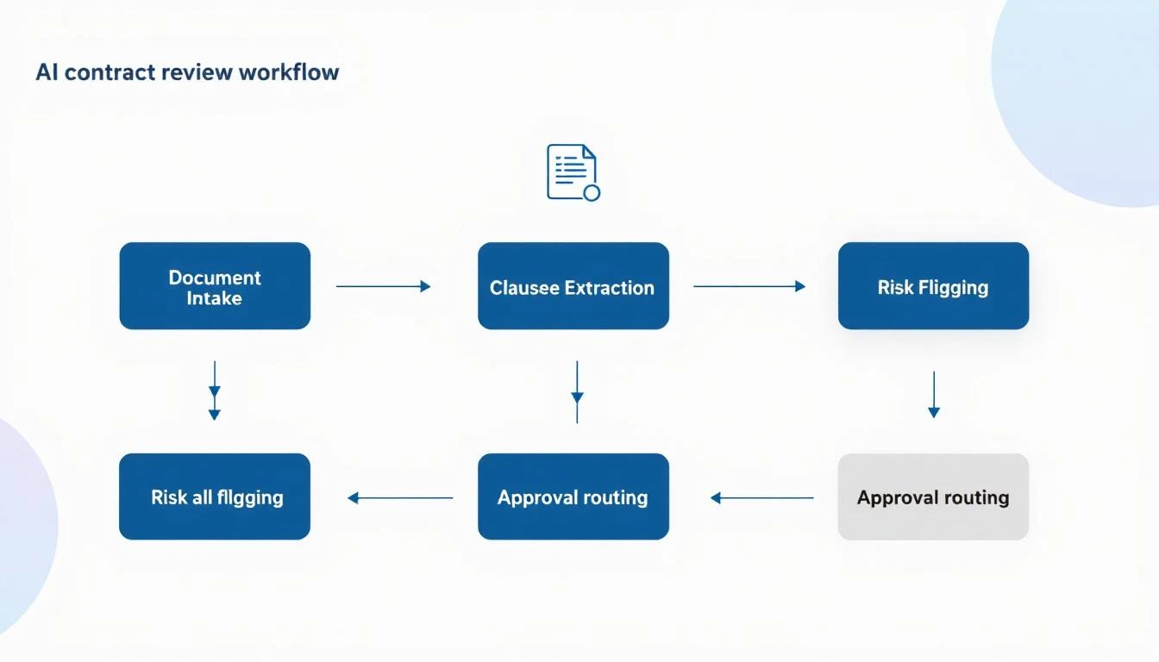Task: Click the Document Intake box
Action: (x=215, y=286)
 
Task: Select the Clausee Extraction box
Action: (x=573, y=286)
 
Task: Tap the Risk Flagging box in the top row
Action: (x=933, y=286)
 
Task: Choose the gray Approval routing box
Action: (x=933, y=496)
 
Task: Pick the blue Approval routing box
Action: (x=573, y=496)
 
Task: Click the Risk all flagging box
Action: (x=215, y=496)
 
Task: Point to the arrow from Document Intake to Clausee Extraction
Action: (x=383, y=286)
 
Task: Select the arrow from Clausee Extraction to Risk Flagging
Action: (x=749, y=286)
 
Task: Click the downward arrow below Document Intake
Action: (x=215, y=390)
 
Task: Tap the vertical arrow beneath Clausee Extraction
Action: (x=577, y=392)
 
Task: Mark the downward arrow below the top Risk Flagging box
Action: (x=933, y=395)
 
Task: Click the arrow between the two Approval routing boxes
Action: (x=762, y=497)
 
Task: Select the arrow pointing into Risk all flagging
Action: (x=400, y=497)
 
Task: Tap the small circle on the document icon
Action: (x=592, y=192)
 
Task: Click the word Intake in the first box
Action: (x=215, y=298)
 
